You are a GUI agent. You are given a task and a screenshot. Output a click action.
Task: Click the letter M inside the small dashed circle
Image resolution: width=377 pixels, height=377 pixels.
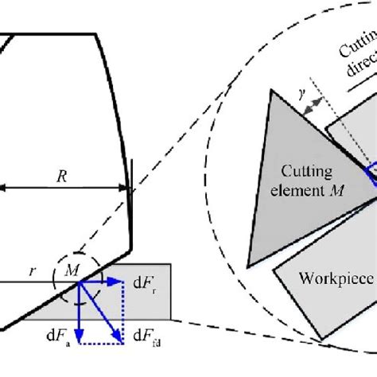pyautogui.click(x=72, y=271)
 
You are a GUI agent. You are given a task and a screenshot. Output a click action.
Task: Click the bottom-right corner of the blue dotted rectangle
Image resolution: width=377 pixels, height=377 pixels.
pyautogui.click(x=124, y=344)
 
